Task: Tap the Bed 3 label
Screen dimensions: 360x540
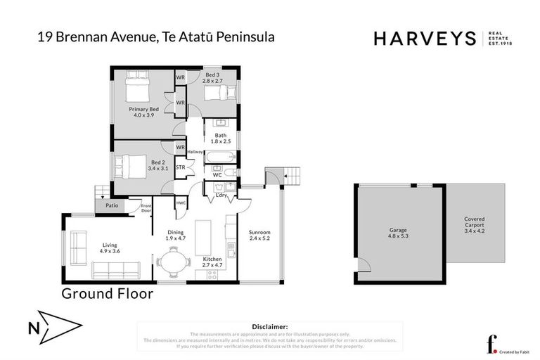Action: tap(212, 77)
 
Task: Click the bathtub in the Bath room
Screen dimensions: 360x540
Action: tap(221, 156)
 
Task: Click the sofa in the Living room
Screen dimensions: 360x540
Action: tap(115, 270)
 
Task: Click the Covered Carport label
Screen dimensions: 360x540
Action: tap(475, 224)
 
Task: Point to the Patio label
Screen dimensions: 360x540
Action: tap(111, 206)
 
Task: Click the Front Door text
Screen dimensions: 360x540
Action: tap(146, 208)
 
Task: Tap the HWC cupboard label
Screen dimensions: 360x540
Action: tap(181, 203)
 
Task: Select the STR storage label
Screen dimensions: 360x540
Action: tap(180, 168)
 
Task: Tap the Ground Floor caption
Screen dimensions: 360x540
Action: tap(107, 294)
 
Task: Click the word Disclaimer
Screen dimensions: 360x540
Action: tap(269, 327)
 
